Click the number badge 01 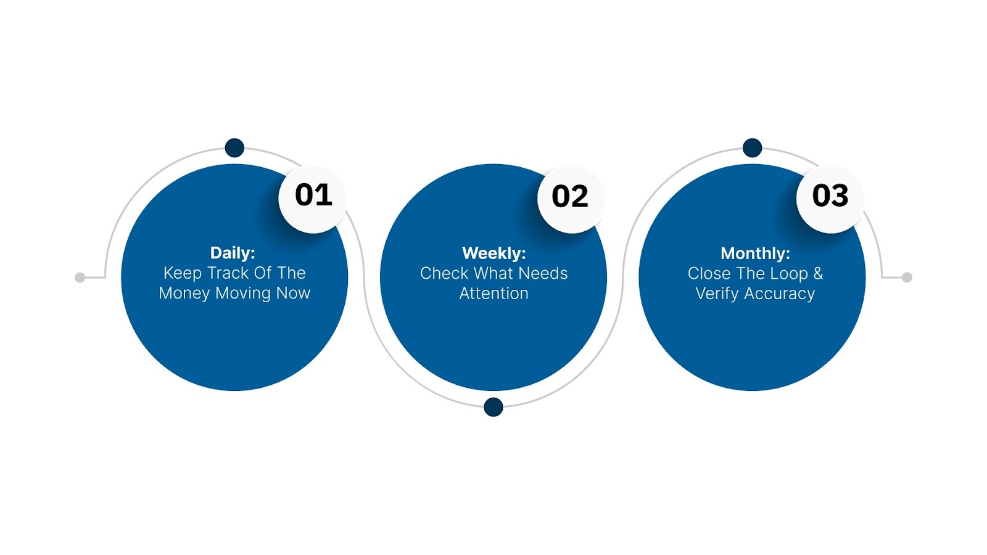coord(313,195)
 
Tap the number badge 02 coord(570,197)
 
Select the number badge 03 coord(830,196)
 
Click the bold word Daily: coord(233,253)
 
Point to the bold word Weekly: coord(493,253)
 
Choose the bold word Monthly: coord(755,253)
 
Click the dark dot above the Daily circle coord(234,148)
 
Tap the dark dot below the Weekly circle coord(493,407)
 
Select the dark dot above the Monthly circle coord(752,148)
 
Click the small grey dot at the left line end coord(80,277)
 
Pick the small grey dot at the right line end coord(907,277)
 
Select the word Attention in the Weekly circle coord(493,294)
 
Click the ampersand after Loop coord(818,273)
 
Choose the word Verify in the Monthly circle coord(717,294)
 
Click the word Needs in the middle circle coord(543,273)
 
